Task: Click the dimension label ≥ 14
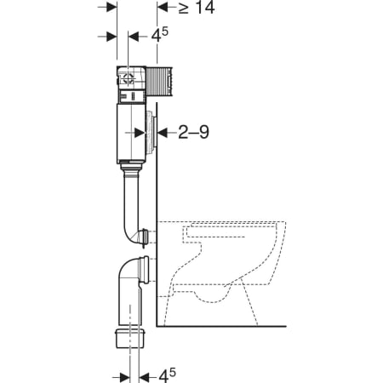[197, 7]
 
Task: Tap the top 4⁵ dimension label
[159, 36]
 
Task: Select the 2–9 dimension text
[193, 132]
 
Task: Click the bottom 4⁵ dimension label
[167, 376]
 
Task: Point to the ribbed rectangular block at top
[159, 81]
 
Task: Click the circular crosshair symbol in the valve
[129, 77]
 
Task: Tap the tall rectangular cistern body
[131, 134]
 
